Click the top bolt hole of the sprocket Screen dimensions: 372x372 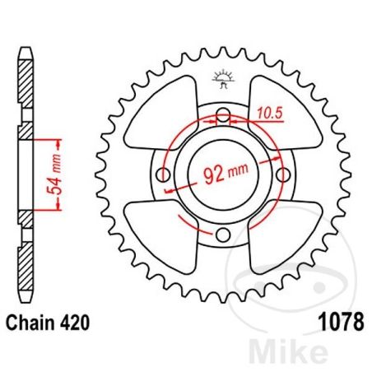pos(223,114)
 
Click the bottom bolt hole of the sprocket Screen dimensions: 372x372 pos(223,235)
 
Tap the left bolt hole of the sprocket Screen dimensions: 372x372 pos(164,174)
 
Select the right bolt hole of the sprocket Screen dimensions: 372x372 pos(283,174)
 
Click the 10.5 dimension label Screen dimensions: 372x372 pos(270,114)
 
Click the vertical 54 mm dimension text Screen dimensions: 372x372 pos(54,174)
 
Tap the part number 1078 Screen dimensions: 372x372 pos(342,322)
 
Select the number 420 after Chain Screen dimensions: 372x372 pos(75,323)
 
